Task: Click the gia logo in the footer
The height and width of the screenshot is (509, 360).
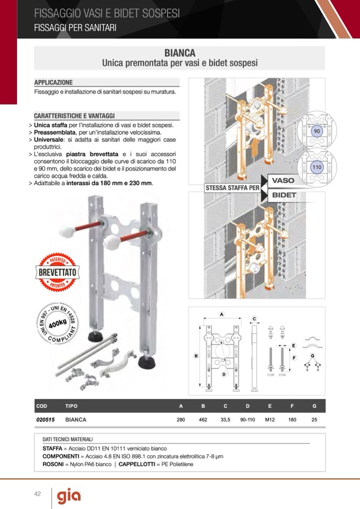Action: (x=69, y=496)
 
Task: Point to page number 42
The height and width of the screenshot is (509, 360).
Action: (x=37, y=494)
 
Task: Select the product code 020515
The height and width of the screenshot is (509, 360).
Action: (x=45, y=419)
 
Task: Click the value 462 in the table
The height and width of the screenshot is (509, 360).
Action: (x=202, y=419)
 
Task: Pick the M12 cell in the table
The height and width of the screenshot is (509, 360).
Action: (x=270, y=419)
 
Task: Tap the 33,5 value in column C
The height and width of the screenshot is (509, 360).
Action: (x=225, y=419)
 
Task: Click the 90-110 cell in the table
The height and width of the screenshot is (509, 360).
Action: (x=247, y=419)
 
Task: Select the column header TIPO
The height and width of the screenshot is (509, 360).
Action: (x=71, y=406)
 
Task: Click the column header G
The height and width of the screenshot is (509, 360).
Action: (x=314, y=406)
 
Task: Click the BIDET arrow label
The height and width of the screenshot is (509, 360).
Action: (x=284, y=195)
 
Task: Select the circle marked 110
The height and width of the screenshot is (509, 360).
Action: (x=317, y=167)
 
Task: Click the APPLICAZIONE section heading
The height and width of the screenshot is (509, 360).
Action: (x=54, y=83)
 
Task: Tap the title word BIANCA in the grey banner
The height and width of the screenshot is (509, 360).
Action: (x=179, y=53)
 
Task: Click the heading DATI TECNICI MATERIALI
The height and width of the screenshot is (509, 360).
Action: (x=67, y=439)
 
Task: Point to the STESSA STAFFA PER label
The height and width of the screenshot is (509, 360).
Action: (x=232, y=188)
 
